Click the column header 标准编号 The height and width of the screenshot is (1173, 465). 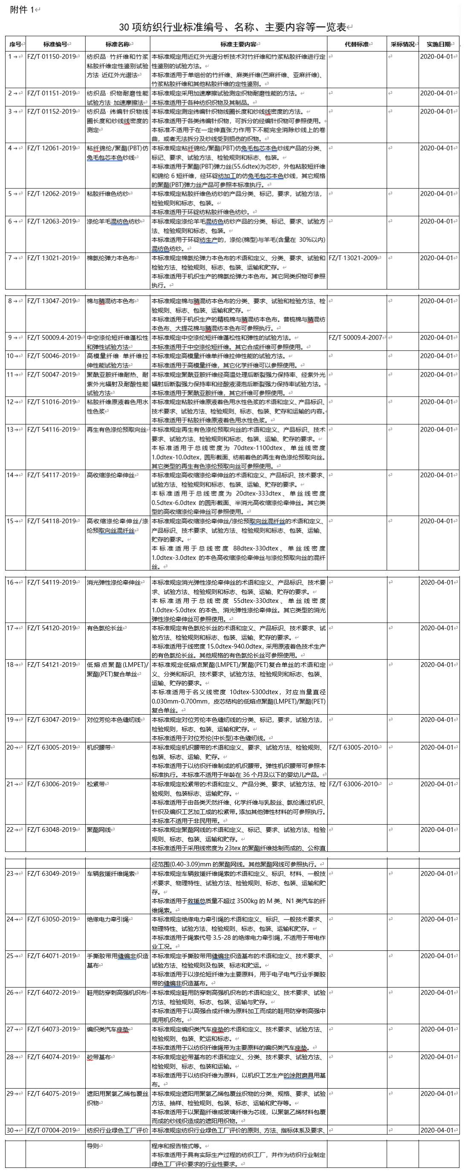click(x=55, y=44)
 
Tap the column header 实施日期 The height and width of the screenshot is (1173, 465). click(x=438, y=44)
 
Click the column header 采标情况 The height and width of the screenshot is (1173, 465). click(x=402, y=44)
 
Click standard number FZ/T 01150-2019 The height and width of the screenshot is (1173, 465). click(x=52, y=57)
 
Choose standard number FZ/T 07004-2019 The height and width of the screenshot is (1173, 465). click(x=52, y=1130)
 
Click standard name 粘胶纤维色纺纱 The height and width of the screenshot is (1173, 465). click(x=107, y=194)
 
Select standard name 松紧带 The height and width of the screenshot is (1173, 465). click(x=96, y=784)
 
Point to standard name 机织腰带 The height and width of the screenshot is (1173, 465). click(x=99, y=747)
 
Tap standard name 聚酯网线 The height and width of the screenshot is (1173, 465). click(x=99, y=829)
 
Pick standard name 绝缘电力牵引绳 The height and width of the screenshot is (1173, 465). click(x=108, y=919)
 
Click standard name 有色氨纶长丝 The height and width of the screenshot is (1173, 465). click(x=105, y=628)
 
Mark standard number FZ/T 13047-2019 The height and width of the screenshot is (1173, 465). click(x=52, y=301)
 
